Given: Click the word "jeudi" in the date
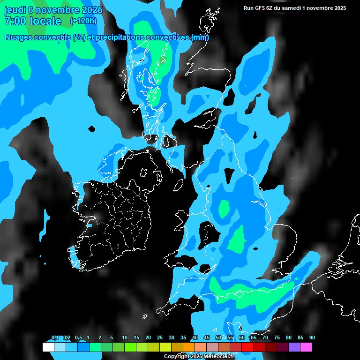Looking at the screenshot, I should point(15,10).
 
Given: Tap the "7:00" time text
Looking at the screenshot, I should point(15,21).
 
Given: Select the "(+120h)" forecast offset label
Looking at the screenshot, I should point(83,21).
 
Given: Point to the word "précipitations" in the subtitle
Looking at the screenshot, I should point(120,37).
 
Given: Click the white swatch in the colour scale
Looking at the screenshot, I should point(48,347).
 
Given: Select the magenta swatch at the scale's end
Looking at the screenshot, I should point(306,347).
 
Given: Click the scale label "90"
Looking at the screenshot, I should point(312,337).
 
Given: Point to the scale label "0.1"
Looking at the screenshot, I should point(55,337).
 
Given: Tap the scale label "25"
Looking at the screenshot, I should point(160,337).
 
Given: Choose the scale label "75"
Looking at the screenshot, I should point(277,337).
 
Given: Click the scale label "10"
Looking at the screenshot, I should point(125,337).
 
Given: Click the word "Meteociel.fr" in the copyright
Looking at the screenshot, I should point(219,357).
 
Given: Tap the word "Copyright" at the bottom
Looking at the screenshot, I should point(176,357).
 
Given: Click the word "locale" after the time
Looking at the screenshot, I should point(45,21).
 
